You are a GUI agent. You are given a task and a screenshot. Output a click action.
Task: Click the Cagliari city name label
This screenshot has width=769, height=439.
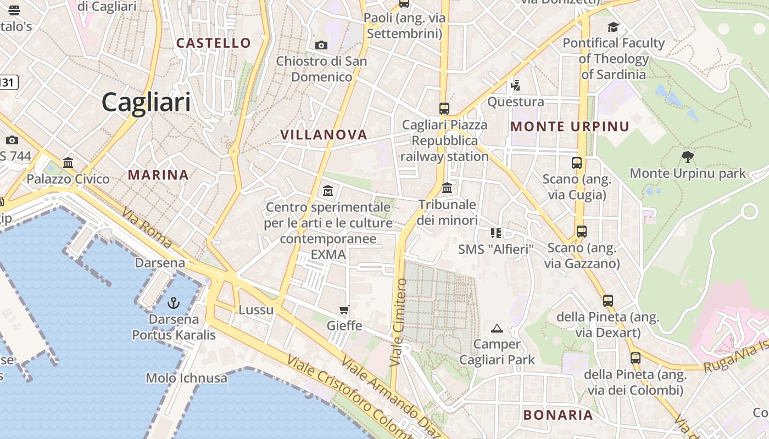coord(146,102)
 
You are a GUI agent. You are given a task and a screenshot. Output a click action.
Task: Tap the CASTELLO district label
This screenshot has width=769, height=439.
coord(214,43)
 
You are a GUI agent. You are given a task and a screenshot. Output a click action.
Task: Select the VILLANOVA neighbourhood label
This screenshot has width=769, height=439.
coord(324,134)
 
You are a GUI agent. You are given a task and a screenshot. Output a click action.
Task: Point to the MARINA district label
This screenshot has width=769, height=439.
coord(158,175)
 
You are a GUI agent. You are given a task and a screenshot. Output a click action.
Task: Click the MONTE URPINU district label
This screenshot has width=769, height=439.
coord(570,127)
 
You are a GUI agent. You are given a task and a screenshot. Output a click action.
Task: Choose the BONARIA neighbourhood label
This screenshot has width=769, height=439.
coord(558,415)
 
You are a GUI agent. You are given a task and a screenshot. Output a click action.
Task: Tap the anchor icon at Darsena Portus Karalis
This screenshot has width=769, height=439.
coord(174,302)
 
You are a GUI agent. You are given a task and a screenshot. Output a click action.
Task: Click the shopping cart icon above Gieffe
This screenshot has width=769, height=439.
coord(344,310)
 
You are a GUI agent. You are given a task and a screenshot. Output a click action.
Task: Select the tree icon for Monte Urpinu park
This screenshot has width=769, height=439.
coord(687,157)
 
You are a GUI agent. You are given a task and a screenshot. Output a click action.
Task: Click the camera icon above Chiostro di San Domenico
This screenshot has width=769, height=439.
coord(321,45)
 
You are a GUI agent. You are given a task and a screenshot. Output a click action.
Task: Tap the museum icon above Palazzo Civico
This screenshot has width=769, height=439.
coord(68,163)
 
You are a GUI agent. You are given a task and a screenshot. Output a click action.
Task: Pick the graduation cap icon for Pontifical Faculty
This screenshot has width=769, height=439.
coord(613,27)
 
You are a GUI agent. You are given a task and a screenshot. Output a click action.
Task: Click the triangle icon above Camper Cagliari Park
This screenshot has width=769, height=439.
coord(497,329)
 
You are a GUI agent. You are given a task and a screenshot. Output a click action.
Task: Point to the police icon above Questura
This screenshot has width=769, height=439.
coord(515,86)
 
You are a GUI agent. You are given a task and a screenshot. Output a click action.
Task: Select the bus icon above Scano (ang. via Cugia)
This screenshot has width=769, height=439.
coord(576,163)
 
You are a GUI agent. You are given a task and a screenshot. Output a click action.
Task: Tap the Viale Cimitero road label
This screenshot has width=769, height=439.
coord(399,323)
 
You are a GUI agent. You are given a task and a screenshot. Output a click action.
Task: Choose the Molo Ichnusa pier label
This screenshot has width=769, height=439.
coord(186,378)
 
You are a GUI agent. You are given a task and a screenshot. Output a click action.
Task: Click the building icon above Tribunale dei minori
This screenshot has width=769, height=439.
coord(447,188)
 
